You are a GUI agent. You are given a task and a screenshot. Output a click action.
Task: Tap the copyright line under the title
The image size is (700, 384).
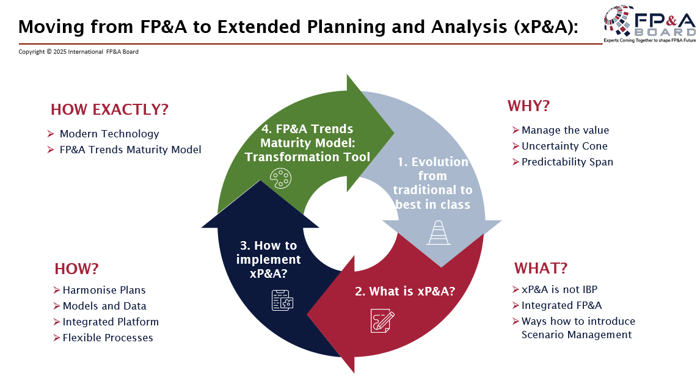[78, 52]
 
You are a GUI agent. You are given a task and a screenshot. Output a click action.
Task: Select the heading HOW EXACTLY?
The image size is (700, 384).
[109, 110]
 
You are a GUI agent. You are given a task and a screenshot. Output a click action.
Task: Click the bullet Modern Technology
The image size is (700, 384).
[109, 134]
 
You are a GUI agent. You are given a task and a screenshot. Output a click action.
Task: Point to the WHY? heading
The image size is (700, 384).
[528, 106]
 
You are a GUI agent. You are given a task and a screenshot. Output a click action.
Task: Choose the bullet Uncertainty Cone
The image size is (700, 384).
[564, 146]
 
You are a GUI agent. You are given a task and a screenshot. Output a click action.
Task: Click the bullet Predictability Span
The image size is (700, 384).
[567, 162]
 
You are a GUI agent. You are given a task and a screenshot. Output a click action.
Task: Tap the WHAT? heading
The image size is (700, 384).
[541, 269]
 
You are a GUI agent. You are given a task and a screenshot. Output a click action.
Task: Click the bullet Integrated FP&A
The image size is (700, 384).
[561, 305]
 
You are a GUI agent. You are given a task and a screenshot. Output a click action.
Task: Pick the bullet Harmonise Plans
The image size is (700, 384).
[104, 290]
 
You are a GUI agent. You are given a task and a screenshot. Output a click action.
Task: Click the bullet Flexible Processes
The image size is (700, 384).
[108, 338]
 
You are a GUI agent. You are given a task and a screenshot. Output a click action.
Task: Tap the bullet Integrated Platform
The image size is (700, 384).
[110, 322]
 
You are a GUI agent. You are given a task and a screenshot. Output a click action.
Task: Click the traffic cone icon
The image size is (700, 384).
[439, 233]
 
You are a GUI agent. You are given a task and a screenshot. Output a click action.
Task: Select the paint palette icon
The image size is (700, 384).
[280, 179]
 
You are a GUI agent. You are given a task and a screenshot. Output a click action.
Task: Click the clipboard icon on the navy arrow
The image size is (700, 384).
[282, 300]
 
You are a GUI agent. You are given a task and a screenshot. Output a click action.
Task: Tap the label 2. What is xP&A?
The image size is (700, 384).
[405, 291]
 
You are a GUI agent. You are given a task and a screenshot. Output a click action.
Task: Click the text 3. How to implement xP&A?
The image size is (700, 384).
[268, 259]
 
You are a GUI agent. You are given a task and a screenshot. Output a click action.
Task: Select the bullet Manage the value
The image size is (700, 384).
[565, 130]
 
